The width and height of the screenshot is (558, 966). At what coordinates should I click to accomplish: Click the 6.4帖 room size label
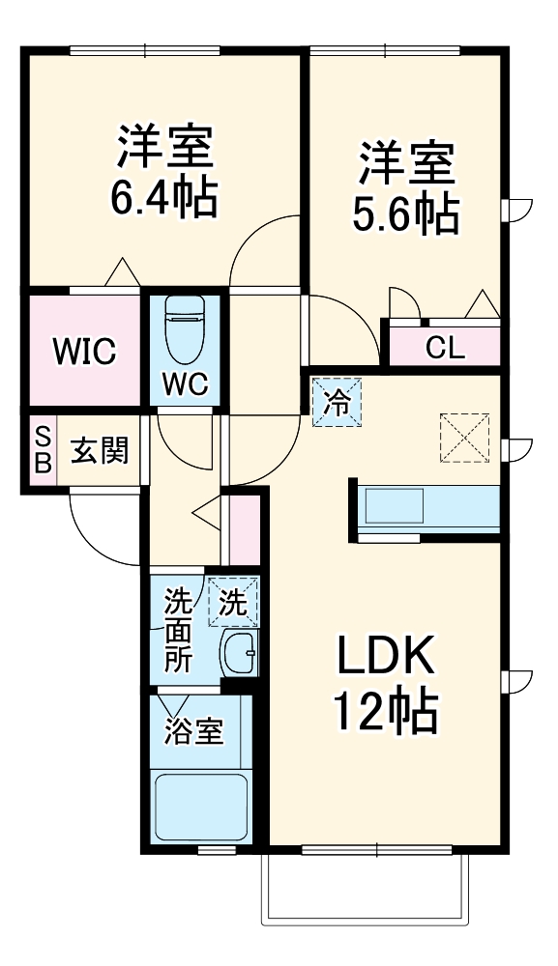pos(164,198)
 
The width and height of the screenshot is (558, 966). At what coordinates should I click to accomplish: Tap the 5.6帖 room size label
pos(405,213)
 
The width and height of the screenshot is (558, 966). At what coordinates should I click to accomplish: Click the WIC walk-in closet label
pos(85,352)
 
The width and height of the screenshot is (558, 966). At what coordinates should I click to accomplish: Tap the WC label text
pos(185,384)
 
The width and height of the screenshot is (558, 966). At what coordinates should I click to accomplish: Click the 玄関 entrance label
pos(100,450)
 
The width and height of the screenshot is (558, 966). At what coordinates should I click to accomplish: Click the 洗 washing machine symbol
pos(233,603)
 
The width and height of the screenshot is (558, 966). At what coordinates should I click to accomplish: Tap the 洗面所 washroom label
pos(178,631)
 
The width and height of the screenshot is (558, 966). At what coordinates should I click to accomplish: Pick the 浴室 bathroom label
pos(194,731)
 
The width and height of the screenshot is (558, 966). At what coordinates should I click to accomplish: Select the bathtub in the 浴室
pos(202,808)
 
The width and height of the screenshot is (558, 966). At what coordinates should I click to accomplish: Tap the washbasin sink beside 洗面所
pos(239,656)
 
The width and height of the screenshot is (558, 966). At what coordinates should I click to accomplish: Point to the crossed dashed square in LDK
pos(465,438)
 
